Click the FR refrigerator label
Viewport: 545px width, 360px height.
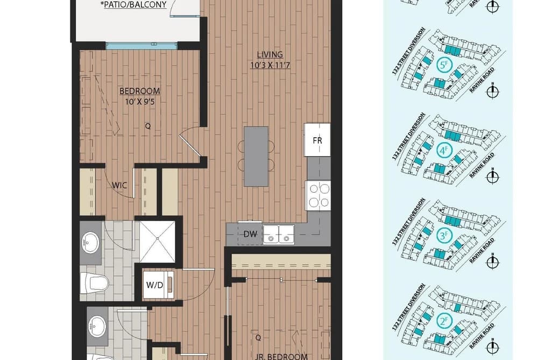[x=317, y=140]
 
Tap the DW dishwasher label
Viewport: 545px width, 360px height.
[x=250, y=234]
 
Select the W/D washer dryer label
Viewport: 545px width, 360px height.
[x=154, y=285]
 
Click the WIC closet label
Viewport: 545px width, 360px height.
[x=119, y=185]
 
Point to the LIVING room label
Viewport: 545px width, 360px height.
[x=270, y=54]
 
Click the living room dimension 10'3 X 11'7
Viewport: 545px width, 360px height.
[x=270, y=65]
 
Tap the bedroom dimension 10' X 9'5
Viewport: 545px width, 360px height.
[x=140, y=102]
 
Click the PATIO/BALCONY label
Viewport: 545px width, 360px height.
[x=135, y=5]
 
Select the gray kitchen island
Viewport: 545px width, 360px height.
[x=256, y=157]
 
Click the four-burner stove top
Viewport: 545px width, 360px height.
[x=317, y=196]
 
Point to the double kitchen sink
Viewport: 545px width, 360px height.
[x=278, y=234]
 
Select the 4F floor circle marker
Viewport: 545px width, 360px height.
[x=444, y=151]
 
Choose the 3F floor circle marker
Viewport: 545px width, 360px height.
[x=444, y=236]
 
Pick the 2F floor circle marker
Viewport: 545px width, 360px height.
[x=444, y=321]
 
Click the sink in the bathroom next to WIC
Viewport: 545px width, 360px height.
[x=90, y=242]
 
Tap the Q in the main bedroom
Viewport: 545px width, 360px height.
[x=148, y=126]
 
